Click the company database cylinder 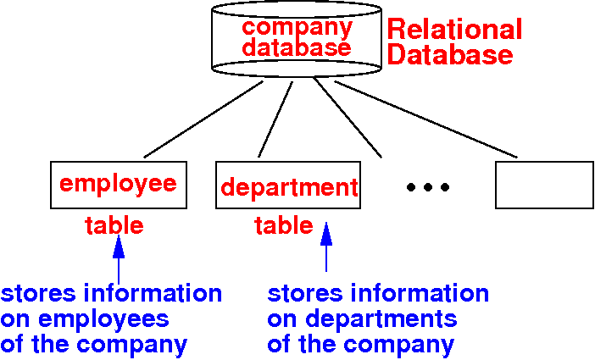tap(296, 38)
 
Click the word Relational tap(454, 30)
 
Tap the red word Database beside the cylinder tap(450, 57)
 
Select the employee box tap(118, 184)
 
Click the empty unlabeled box tap(543, 184)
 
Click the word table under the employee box tap(114, 225)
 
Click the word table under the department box tap(284, 226)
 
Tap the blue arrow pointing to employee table tap(118, 259)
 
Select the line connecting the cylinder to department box tap(275, 119)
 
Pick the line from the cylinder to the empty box tap(424, 119)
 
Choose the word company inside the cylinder tap(297, 26)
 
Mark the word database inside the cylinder tap(297, 48)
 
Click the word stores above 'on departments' tap(303, 294)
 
